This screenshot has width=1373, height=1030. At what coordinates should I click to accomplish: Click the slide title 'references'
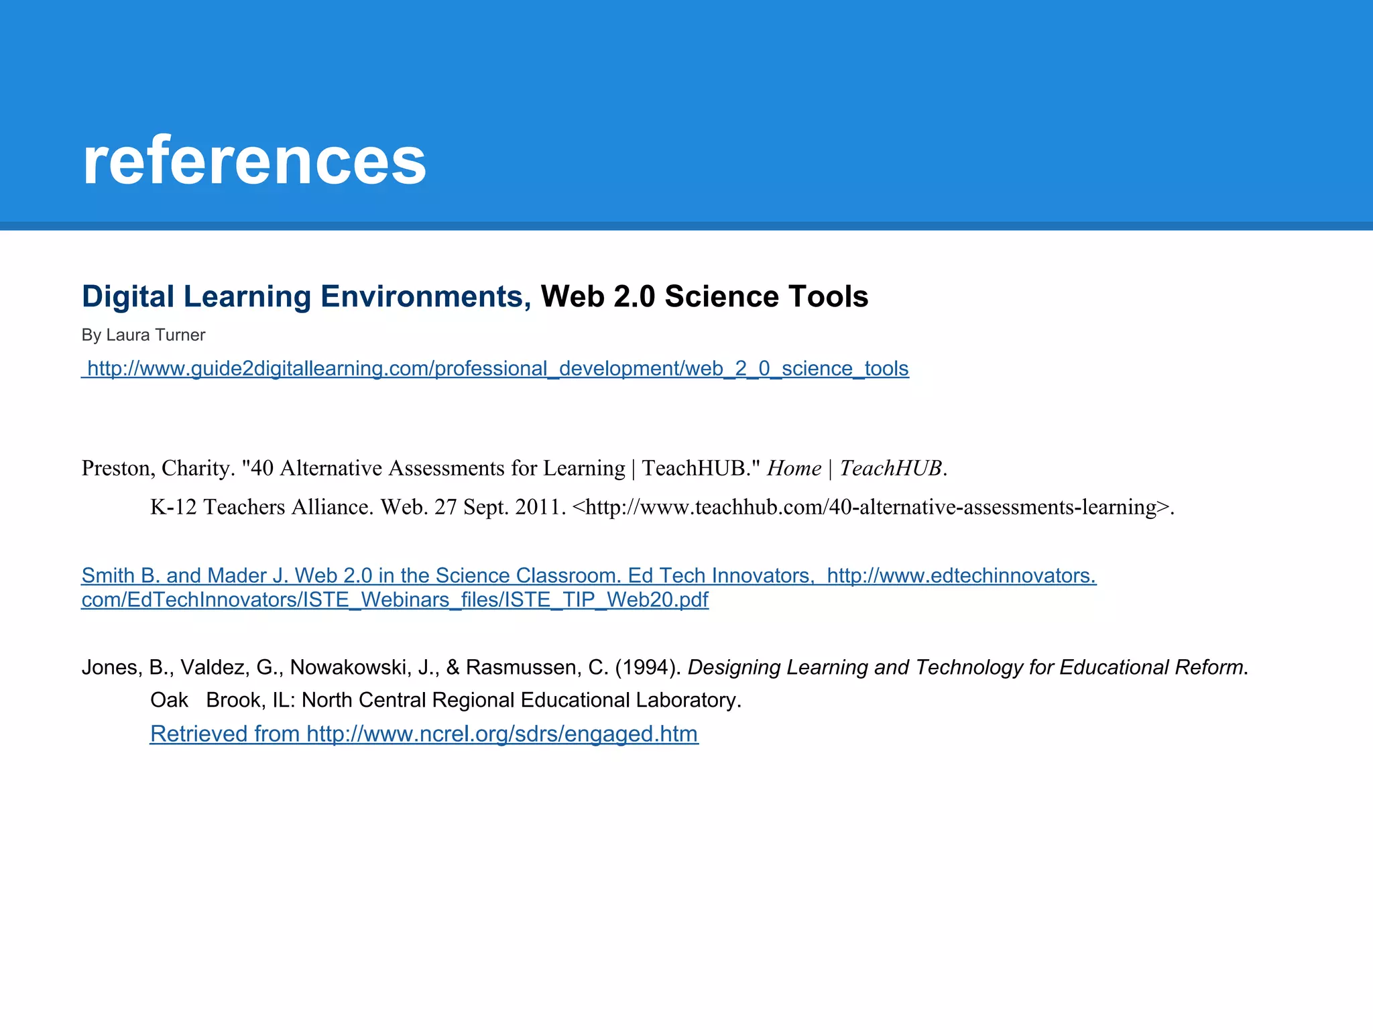pos(254,161)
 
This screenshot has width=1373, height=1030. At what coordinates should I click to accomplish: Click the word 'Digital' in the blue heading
pos(128,296)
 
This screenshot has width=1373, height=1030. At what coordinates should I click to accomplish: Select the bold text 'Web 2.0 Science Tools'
pos(704,296)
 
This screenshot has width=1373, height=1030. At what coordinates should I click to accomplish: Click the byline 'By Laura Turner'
pos(143,335)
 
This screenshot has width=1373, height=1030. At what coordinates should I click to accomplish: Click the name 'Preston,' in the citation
pos(118,468)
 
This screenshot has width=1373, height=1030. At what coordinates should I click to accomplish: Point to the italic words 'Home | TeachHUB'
pos(854,468)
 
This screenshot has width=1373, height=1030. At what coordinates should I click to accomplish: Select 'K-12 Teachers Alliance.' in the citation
pos(261,507)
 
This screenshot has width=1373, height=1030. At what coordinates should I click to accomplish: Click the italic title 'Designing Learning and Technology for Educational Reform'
pos(965,667)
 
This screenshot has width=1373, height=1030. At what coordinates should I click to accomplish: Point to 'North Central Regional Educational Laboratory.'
pos(521,700)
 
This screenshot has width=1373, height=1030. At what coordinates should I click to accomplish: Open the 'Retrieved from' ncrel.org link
pos(424,734)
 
